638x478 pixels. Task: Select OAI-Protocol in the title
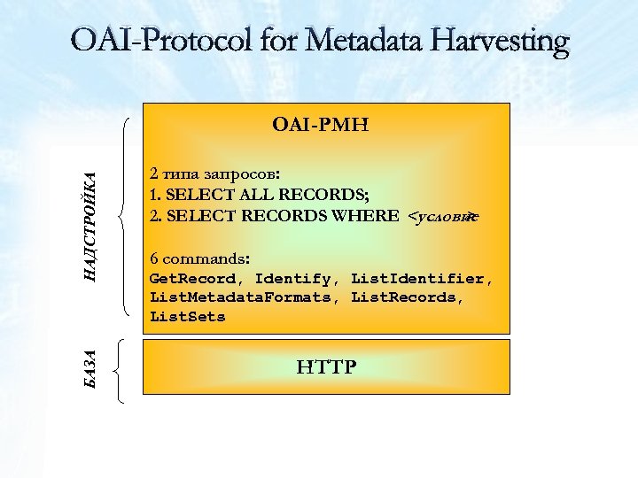(163, 41)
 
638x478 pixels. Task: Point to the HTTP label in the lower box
(326, 366)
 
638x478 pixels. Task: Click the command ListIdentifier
(417, 279)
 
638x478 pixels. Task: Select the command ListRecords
(404, 297)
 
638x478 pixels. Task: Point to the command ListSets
(188, 316)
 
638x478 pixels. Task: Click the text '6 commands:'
(200, 259)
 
